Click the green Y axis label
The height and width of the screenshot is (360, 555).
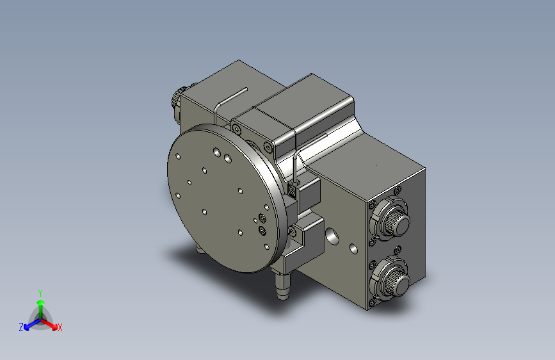pyautogui.click(x=40, y=292)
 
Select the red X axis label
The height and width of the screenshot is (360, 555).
pyautogui.click(x=60, y=328)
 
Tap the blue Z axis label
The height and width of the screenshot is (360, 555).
pyautogui.click(x=21, y=327)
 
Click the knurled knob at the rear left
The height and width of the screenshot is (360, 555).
pyautogui.click(x=177, y=99)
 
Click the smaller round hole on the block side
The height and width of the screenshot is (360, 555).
pyautogui.click(x=353, y=247)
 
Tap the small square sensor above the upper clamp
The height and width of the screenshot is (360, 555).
pyautogui.click(x=292, y=188)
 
